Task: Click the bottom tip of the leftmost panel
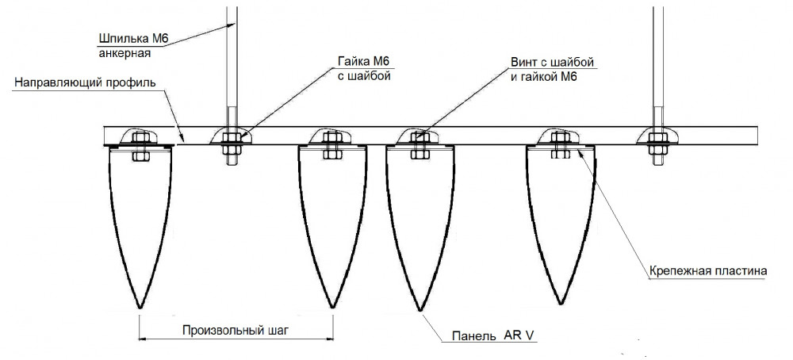point(140,308)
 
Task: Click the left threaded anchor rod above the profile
point(232,63)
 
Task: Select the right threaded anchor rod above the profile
point(657,63)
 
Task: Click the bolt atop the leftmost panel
point(140,147)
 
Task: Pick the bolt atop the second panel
point(331,147)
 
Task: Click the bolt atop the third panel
point(419,147)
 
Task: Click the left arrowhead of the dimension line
point(143,339)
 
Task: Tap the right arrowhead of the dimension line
point(330,339)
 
